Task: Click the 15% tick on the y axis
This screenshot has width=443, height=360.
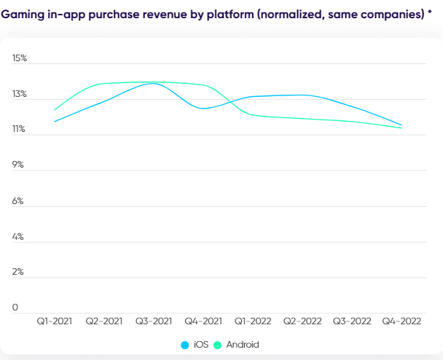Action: pyautogui.click(x=19, y=58)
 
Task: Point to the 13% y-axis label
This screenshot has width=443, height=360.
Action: pyautogui.click(x=19, y=94)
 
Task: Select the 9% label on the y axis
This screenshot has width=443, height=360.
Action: pyautogui.click(x=18, y=165)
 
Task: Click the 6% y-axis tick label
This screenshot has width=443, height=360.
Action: pyautogui.click(x=18, y=200)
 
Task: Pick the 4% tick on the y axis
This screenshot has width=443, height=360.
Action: pyautogui.click(x=18, y=236)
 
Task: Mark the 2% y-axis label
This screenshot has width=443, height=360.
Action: pyautogui.click(x=18, y=272)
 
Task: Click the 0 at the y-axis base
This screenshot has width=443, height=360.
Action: pyautogui.click(x=15, y=308)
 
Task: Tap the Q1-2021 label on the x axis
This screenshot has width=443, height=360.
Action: pyautogui.click(x=55, y=321)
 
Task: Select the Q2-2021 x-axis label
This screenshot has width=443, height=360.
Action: pyautogui.click(x=104, y=321)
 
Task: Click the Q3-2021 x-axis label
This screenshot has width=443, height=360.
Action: pyautogui.click(x=154, y=321)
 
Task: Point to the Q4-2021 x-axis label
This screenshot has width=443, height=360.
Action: pyautogui.click(x=203, y=321)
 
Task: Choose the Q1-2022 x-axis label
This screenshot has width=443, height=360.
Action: pyautogui.click(x=253, y=321)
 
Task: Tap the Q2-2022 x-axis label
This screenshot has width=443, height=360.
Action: pyautogui.click(x=302, y=321)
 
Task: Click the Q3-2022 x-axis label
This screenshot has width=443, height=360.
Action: pyautogui.click(x=352, y=321)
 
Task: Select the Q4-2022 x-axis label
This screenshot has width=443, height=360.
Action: pyautogui.click(x=401, y=321)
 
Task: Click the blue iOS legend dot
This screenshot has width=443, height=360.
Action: pyautogui.click(x=185, y=345)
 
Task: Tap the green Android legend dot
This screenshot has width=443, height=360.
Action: pyautogui.click(x=217, y=345)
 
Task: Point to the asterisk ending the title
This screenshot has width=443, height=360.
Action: pyautogui.click(x=430, y=12)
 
